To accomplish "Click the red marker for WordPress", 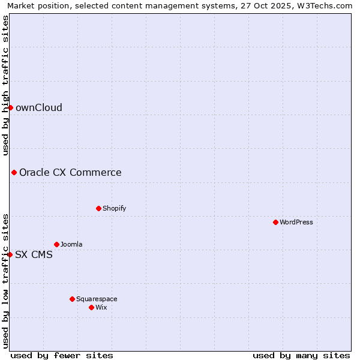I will (x=275, y=222).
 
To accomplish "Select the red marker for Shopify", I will (x=98, y=208).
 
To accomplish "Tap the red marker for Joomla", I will (x=56, y=244).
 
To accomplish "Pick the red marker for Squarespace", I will (x=72, y=299).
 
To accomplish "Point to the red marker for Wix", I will (x=91, y=307).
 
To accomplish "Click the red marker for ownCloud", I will (x=10, y=107).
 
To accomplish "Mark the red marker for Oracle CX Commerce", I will (x=14, y=172).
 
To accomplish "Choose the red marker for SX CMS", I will (x=10, y=254).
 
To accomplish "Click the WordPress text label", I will (x=296, y=222).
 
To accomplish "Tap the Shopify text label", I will (x=114, y=208).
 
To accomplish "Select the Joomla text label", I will (x=71, y=244).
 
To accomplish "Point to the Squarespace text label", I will (x=97, y=299).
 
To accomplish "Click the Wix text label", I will (x=101, y=307).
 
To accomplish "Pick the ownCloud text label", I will (x=39, y=107).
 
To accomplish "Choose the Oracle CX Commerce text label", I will (x=70, y=172).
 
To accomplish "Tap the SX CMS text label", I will (x=34, y=254).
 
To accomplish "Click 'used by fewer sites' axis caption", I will (x=62, y=355).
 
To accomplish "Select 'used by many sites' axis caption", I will (x=301, y=355).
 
